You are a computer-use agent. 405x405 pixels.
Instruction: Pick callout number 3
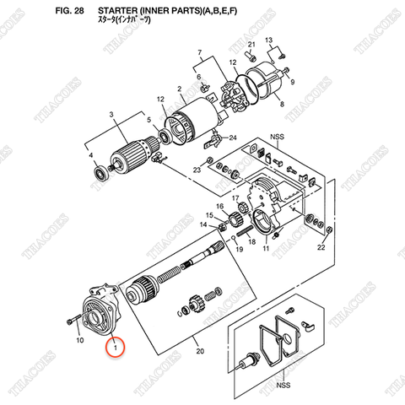[111, 115]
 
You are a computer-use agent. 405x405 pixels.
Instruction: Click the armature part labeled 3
[128, 154]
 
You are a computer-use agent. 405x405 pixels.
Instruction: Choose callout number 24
[234, 138]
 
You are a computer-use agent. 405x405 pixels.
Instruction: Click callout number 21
[251, 43]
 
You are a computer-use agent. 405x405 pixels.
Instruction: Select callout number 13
[269, 40]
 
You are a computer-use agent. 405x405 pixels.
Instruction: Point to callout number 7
[200, 52]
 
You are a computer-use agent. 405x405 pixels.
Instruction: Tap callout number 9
[292, 84]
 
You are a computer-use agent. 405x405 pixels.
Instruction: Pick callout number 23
[196, 170]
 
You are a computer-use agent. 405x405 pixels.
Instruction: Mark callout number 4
[90, 156]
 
